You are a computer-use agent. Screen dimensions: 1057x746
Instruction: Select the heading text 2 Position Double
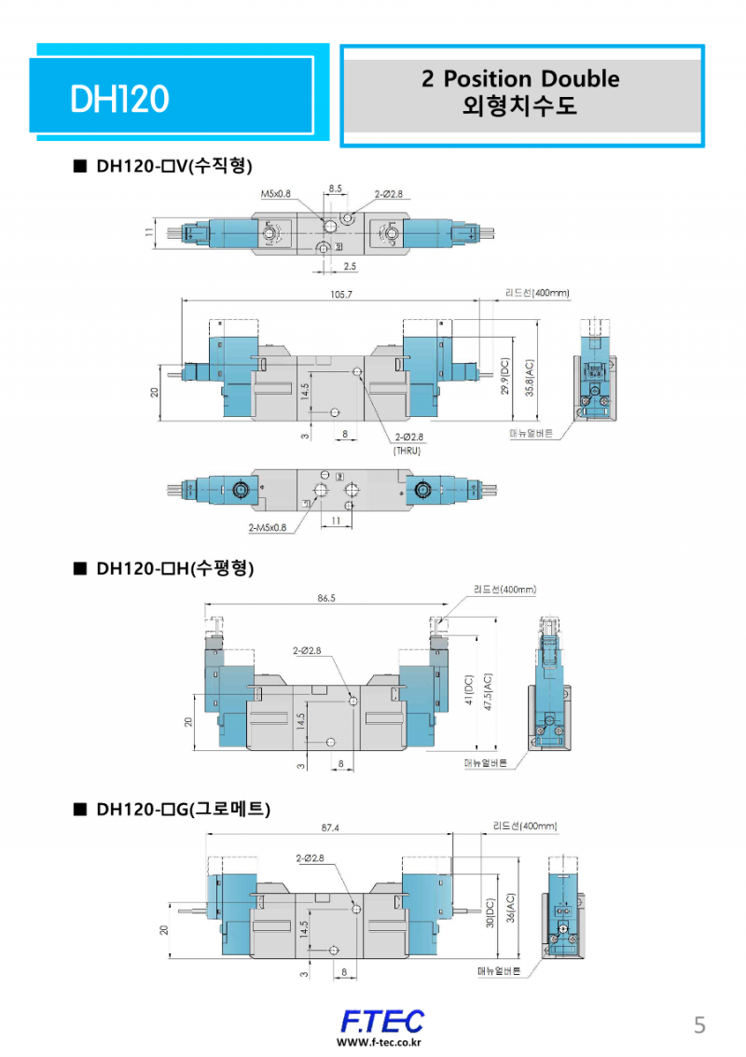tap(519, 79)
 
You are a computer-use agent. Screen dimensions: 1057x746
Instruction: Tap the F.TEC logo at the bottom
tap(380, 1021)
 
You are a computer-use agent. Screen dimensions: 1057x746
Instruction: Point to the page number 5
tap(698, 1025)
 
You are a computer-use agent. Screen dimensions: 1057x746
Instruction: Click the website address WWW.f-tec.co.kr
tap(380, 1043)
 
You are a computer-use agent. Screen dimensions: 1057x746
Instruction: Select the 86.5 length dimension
tap(325, 598)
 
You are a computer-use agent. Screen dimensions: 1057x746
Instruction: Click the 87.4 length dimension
tap(329, 828)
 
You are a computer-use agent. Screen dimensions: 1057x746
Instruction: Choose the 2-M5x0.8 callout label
tap(267, 527)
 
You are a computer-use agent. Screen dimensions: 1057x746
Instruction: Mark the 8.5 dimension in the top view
tap(335, 188)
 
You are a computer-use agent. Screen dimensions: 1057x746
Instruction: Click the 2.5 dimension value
tap(349, 267)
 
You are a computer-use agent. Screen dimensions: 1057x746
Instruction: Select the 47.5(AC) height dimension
tap(487, 691)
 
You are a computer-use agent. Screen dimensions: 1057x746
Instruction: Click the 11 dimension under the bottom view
tap(336, 522)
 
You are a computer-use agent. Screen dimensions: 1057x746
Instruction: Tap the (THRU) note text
tap(408, 450)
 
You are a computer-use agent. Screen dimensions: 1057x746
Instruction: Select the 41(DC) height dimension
tap(469, 692)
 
